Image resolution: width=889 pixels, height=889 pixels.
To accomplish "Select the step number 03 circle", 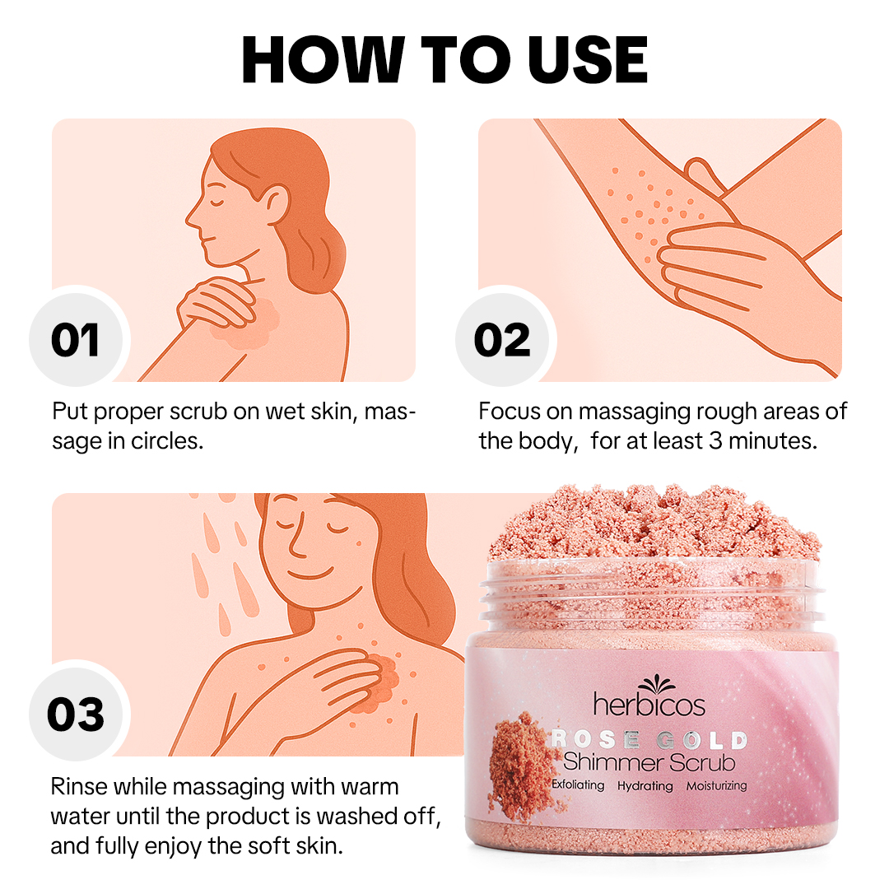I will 75,714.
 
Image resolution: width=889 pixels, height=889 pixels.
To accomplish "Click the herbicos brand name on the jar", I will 649,704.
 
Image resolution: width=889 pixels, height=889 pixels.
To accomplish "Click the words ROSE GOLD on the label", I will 649,739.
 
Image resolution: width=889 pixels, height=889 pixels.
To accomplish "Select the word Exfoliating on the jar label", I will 578,785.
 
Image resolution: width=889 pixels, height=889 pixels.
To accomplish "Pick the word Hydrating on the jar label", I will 645,785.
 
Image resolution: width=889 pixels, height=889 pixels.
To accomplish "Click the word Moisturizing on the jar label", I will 716,785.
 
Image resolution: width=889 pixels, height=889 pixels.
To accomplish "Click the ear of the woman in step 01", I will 277,200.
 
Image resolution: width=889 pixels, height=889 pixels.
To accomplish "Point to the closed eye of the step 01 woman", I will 216,199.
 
